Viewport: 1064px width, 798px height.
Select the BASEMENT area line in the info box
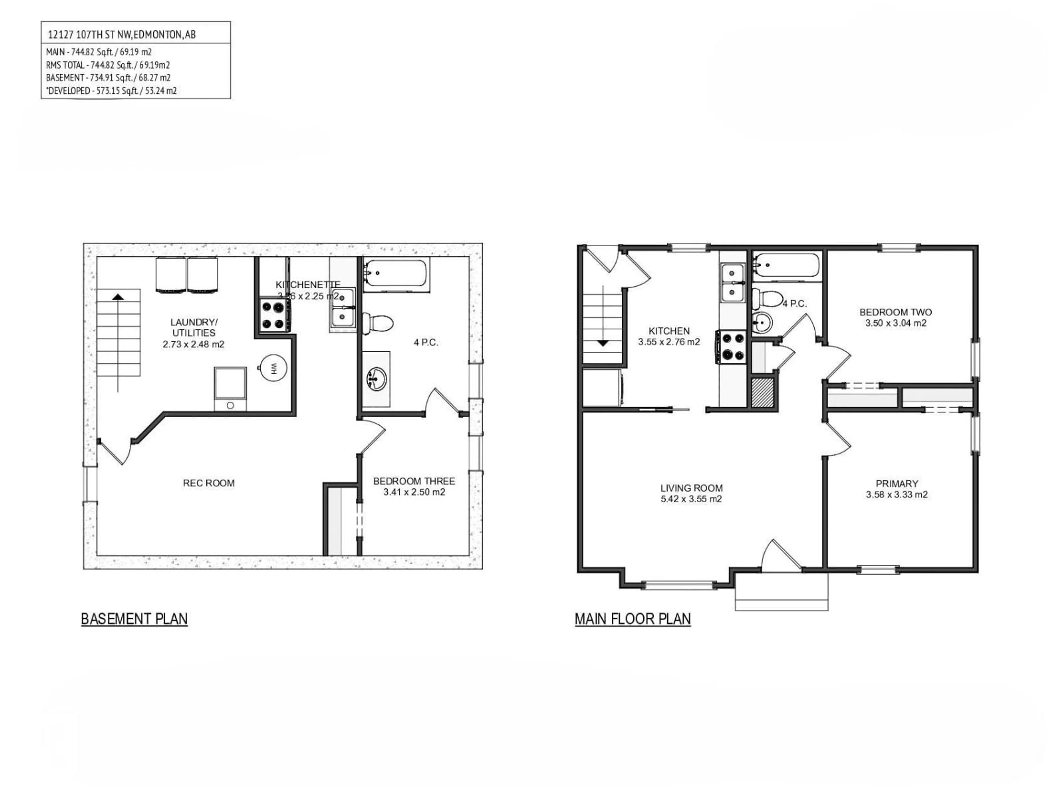(x=108, y=77)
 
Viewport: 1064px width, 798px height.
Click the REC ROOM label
(x=208, y=483)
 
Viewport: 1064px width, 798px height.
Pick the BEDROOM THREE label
(x=414, y=481)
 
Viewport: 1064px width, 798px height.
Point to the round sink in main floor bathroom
(x=763, y=323)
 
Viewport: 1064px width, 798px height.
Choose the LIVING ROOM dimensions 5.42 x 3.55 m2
(x=691, y=499)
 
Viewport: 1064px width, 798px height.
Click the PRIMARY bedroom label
(x=897, y=484)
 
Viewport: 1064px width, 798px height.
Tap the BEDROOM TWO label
(x=896, y=312)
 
